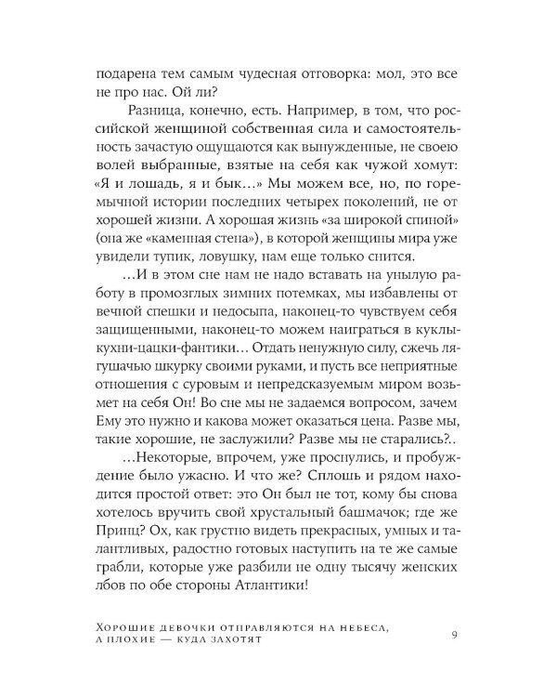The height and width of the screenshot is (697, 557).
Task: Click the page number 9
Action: pyautogui.click(x=453, y=635)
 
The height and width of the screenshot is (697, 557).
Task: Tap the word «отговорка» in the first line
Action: pyautogui.click(x=356, y=72)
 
